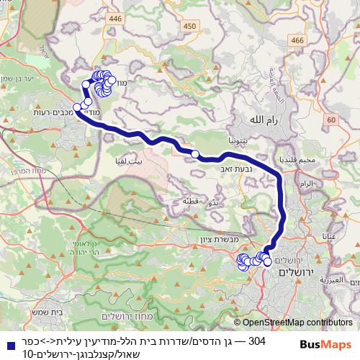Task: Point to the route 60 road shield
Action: click(x=330, y=119)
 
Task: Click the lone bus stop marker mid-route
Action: click(x=194, y=153)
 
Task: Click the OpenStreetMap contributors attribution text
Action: click(x=296, y=323)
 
